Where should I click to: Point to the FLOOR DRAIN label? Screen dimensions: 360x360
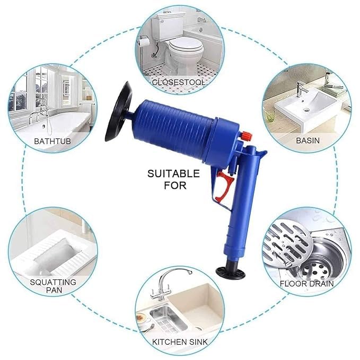(307, 284)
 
